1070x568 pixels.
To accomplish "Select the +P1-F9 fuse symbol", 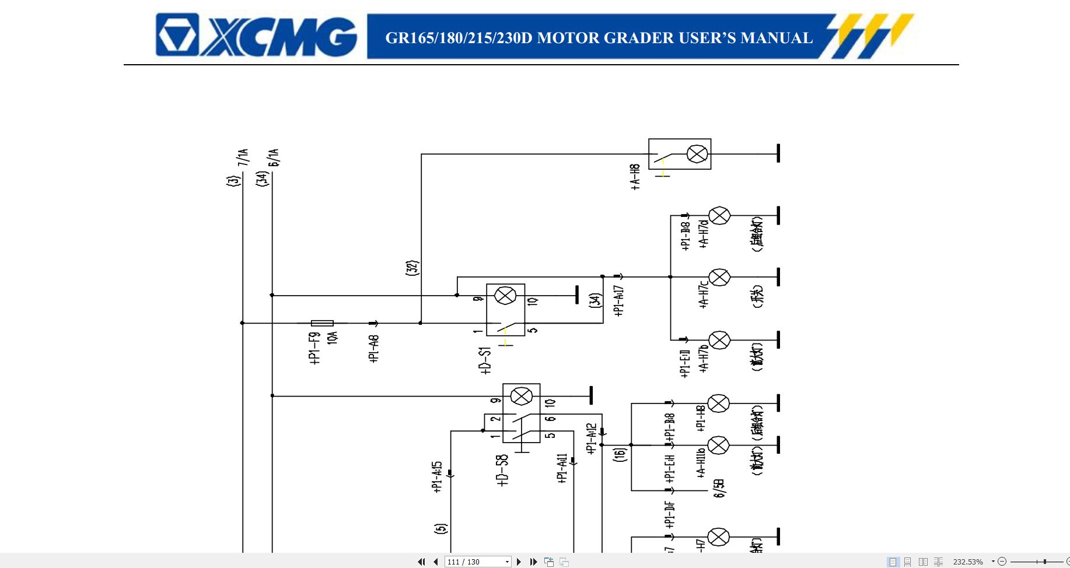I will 322,323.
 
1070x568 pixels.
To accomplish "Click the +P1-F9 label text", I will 315,348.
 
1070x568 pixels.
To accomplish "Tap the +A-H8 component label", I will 635,177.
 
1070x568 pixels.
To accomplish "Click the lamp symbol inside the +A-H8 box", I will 697,154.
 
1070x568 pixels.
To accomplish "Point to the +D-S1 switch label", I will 485,360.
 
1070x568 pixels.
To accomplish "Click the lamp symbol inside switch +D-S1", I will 505,296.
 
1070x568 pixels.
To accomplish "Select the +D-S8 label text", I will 502,470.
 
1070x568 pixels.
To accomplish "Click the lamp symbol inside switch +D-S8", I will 521,397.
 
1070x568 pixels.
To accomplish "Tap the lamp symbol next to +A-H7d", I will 719,216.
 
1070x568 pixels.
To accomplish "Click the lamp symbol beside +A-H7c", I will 719,278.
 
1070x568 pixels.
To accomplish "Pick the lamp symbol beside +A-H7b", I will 719,340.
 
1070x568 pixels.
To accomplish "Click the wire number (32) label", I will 412,268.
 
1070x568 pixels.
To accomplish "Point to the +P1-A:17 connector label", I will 619,301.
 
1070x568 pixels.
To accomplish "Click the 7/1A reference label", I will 243,157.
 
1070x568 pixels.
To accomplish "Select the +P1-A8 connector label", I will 375,348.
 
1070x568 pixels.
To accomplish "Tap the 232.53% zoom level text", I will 967,562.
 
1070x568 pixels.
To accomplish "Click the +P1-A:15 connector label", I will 438,477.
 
